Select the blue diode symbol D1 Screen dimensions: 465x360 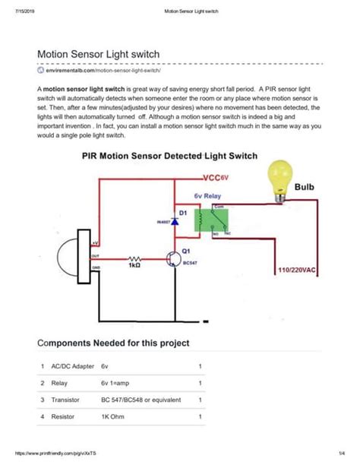174,222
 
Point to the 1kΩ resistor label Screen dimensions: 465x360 135,267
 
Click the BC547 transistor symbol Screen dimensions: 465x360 172,259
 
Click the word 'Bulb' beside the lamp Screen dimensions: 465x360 305,186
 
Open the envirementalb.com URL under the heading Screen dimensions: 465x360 113,70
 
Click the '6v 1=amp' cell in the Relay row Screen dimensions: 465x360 116,384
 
